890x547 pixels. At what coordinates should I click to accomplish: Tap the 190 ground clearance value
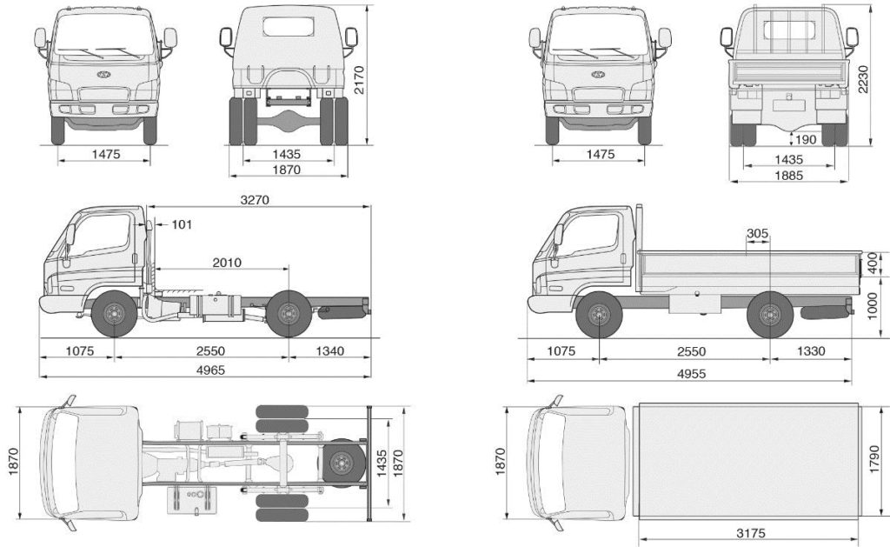point(806,139)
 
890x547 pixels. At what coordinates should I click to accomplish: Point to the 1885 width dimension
point(788,175)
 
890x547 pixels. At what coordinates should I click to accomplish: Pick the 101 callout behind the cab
point(181,224)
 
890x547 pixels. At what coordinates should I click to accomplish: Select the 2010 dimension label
point(226,262)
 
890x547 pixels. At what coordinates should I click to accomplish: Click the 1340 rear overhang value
point(329,351)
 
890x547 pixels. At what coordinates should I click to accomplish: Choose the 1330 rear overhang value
point(808,351)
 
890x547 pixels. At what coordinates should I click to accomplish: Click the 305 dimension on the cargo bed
point(758,233)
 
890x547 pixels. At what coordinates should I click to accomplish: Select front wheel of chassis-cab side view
point(113,315)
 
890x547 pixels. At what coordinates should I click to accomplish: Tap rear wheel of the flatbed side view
point(768,315)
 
